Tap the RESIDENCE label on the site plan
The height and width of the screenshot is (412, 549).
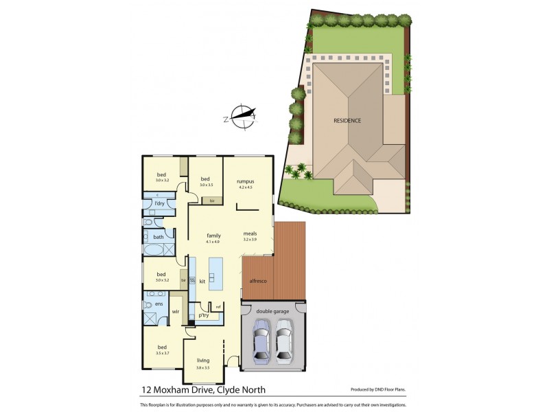(347, 120)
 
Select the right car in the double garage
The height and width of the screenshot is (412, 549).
(285, 344)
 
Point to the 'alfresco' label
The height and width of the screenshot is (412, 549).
(258, 282)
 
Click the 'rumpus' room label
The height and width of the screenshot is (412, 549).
(237, 180)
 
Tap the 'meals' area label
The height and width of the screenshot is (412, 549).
(250, 233)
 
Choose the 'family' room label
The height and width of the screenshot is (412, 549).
(213, 236)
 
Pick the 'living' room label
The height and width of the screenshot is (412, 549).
(203, 360)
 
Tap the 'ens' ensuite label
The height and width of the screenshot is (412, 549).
(159, 304)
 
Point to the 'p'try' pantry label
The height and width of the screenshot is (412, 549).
(204, 316)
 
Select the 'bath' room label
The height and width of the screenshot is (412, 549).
(158, 237)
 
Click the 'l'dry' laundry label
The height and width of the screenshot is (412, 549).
(159, 204)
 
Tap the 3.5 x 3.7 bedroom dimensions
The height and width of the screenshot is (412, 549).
(162, 353)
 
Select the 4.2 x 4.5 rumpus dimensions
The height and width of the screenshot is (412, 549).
(237, 187)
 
